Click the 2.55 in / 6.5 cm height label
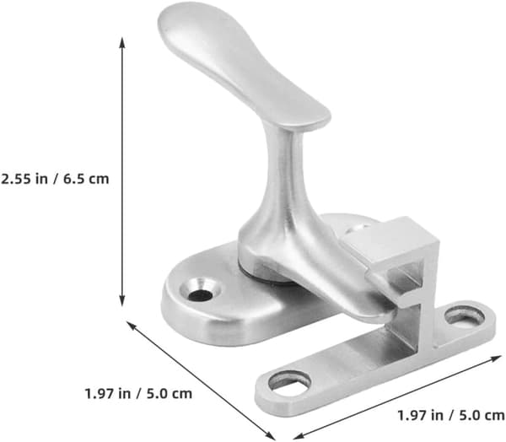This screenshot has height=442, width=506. point(55,179)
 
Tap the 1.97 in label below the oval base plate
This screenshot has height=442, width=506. point(107,394)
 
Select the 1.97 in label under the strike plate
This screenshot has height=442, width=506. point(420,416)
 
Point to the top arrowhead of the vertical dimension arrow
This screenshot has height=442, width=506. point(122,42)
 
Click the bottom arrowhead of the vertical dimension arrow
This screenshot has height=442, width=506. point(122,301)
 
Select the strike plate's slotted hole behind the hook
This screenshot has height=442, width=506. point(465,315)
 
